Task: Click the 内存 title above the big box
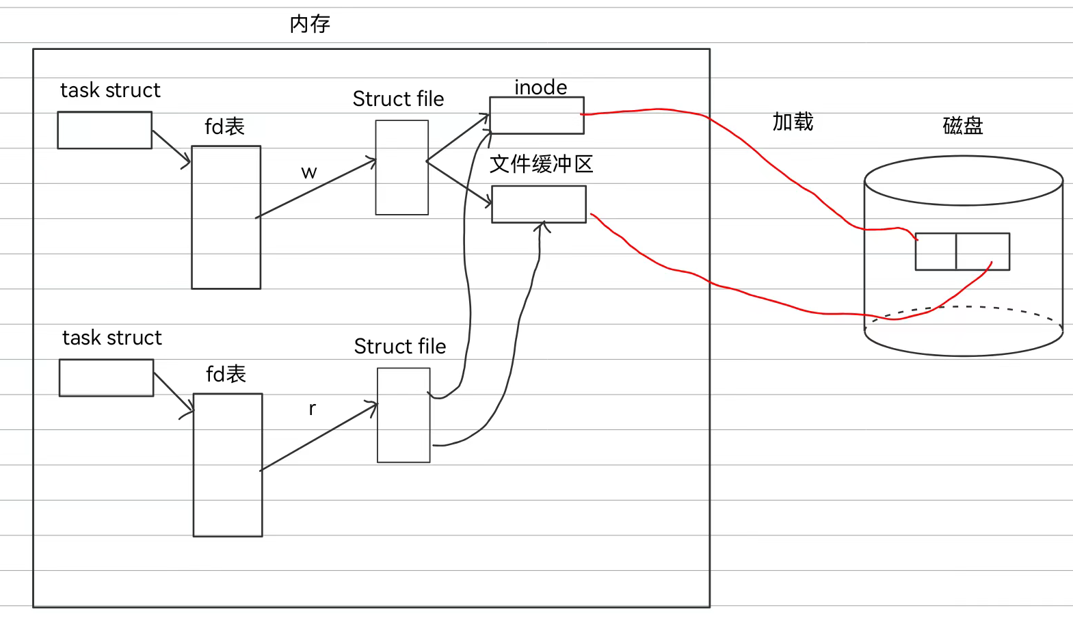(310, 25)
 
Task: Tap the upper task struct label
(110, 90)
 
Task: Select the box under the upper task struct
(105, 130)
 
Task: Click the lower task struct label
(112, 338)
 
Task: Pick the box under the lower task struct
(106, 377)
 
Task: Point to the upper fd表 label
(224, 126)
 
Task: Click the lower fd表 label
(226, 374)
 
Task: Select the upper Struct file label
(398, 99)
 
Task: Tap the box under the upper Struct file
(402, 168)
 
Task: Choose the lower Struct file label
(400, 347)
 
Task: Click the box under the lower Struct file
(403, 415)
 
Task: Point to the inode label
(540, 88)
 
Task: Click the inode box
(537, 115)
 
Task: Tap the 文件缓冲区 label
(541, 164)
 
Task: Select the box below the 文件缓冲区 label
(539, 204)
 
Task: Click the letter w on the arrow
(309, 172)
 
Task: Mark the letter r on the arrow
(313, 409)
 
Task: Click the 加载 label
(793, 122)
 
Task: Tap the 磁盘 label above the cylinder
(962, 126)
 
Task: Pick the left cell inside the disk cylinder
(936, 252)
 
